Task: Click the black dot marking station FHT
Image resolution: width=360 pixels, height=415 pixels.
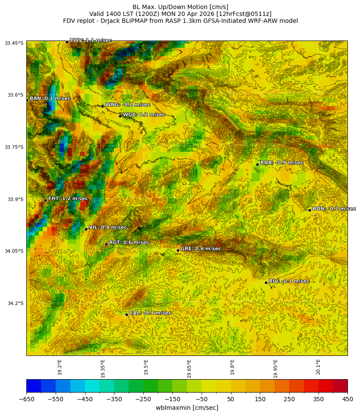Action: (45, 200)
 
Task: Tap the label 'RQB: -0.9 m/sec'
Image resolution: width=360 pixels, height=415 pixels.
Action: (281, 163)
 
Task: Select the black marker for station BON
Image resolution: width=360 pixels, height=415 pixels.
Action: (309, 210)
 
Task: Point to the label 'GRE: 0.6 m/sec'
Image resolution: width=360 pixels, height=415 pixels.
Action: (201, 249)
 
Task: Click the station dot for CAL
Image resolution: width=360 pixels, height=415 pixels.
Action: (126, 314)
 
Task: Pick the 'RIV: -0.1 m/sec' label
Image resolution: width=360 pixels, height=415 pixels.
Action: (289, 281)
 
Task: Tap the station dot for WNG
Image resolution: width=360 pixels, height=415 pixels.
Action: (102, 106)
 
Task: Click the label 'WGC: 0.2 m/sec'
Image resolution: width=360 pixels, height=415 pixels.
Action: (144, 115)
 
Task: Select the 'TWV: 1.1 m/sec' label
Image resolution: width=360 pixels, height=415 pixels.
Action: (91, 41)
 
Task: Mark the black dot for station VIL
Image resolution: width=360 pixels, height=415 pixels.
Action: (86, 229)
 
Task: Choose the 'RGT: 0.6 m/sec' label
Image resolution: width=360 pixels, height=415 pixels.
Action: (129, 243)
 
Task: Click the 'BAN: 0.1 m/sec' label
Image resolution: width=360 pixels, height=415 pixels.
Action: (50, 99)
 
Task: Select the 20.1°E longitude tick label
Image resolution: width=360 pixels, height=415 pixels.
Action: (318, 367)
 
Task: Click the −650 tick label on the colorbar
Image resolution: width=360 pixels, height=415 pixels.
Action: (26, 399)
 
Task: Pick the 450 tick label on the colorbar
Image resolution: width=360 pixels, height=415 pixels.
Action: (347, 399)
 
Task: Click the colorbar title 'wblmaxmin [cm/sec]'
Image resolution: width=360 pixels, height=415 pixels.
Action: (187, 408)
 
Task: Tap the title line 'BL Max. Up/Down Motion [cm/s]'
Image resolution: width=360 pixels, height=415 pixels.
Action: (180, 7)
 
